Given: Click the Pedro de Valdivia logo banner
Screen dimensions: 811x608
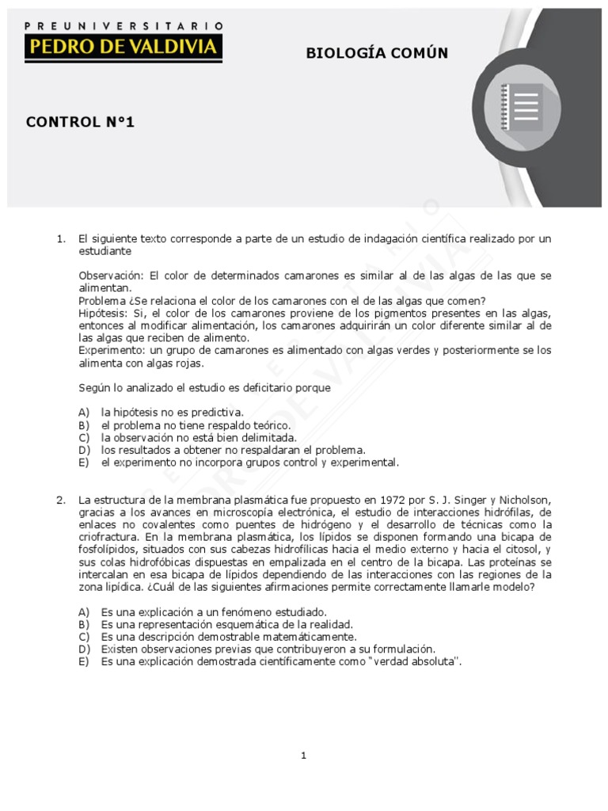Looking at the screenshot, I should click(123, 47).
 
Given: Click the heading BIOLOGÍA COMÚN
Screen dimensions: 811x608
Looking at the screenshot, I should click(377, 53).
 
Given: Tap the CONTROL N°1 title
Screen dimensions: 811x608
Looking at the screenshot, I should click(81, 122).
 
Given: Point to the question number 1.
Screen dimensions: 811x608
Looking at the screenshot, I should click(61, 238).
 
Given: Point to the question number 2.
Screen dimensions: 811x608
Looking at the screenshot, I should click(61, 500).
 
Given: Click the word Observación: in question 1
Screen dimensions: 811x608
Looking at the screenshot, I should click(110, 276).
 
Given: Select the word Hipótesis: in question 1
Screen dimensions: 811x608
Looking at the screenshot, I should click(105, 313).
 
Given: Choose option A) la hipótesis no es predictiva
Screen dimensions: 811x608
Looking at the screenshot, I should click(172, 412).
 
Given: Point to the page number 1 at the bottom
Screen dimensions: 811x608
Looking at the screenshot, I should click(304, 756).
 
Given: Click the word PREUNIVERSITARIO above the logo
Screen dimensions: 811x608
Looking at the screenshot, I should click(123, 26).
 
